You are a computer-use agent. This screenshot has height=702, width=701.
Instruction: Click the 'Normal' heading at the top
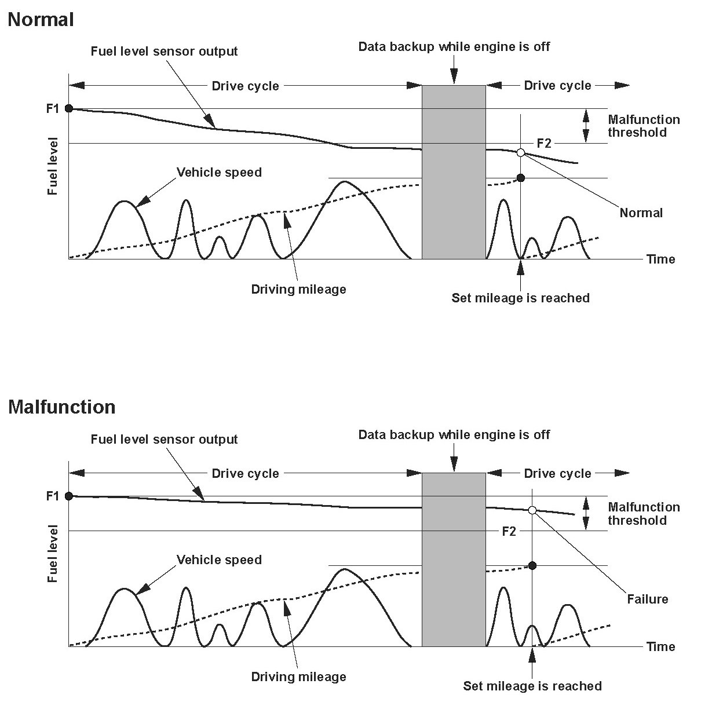point(41,20)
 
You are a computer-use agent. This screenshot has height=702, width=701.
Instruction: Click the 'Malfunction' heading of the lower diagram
point(62,407)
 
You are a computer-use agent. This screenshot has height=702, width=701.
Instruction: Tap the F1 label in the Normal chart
point(53,108)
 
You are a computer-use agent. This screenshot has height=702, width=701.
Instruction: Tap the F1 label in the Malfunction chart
point(53,496)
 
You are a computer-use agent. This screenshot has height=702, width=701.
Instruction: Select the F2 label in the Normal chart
point(544,143)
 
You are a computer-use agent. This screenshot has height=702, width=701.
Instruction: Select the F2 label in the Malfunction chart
point(509,531)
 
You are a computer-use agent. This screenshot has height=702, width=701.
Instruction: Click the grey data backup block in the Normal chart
point(454,172)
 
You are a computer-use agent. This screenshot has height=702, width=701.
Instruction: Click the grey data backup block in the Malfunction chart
point(454,560)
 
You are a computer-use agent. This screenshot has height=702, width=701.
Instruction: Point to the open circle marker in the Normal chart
point(520,152)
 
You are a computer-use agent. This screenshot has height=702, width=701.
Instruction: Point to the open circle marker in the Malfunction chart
point(532,510)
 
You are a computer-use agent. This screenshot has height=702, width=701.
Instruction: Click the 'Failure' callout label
point(648,599)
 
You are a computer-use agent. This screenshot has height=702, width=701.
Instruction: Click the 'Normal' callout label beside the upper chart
point(641,213)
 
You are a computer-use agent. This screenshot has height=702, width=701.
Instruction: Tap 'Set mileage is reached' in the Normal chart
point(520,298)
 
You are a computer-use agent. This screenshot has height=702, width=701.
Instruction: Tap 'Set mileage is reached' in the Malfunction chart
point(532,686)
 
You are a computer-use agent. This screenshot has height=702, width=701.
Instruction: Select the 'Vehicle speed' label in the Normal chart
point(219,173)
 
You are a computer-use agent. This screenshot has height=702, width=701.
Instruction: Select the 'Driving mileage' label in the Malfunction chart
point(298,677)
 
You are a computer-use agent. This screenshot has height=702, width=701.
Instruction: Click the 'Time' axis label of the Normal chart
point(661,259)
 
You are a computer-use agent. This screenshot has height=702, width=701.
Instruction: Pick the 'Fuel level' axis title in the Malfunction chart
point(53,554)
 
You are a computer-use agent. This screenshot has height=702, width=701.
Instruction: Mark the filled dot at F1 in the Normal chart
point(69,108)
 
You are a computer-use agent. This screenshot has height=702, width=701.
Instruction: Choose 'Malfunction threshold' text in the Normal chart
point(644,126)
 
